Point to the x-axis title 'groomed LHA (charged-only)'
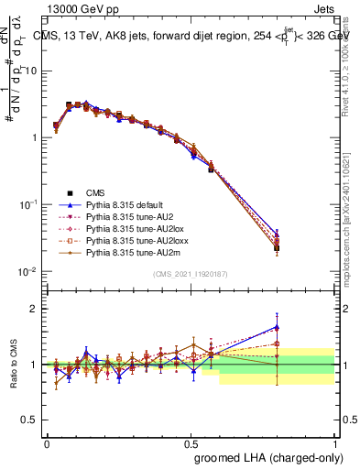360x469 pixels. coord(265,455)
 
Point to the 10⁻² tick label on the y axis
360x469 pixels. coord(30,272)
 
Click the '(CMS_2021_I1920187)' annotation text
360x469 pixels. coord(191,272)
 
